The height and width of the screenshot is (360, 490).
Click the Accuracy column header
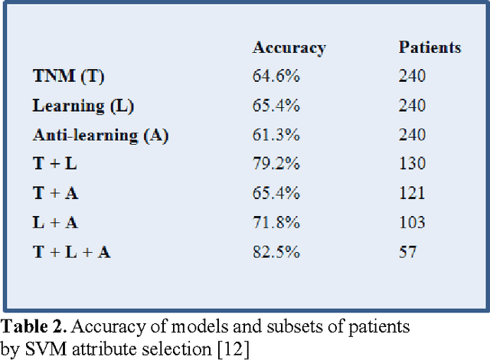pyautogui.click(x=289, y=47)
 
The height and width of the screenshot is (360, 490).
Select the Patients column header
pyautogui.click(x=430, y=47)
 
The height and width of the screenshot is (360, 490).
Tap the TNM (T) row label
pyautogui.click(x=68, y=76)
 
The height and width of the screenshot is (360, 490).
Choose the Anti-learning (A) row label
pyautogui.click(x=100, y=136)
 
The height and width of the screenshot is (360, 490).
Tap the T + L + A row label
pyautogui.click(x=71, y=252)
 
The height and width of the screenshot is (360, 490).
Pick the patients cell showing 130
pyautogui.click(x=412, y=165)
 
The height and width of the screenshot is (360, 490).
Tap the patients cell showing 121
pyautogui.click(x=412, y=194)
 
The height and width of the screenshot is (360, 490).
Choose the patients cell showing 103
pyautogui.click(x=412, y=223)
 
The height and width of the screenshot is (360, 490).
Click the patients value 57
pyautogui.click(x=407, y=252)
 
